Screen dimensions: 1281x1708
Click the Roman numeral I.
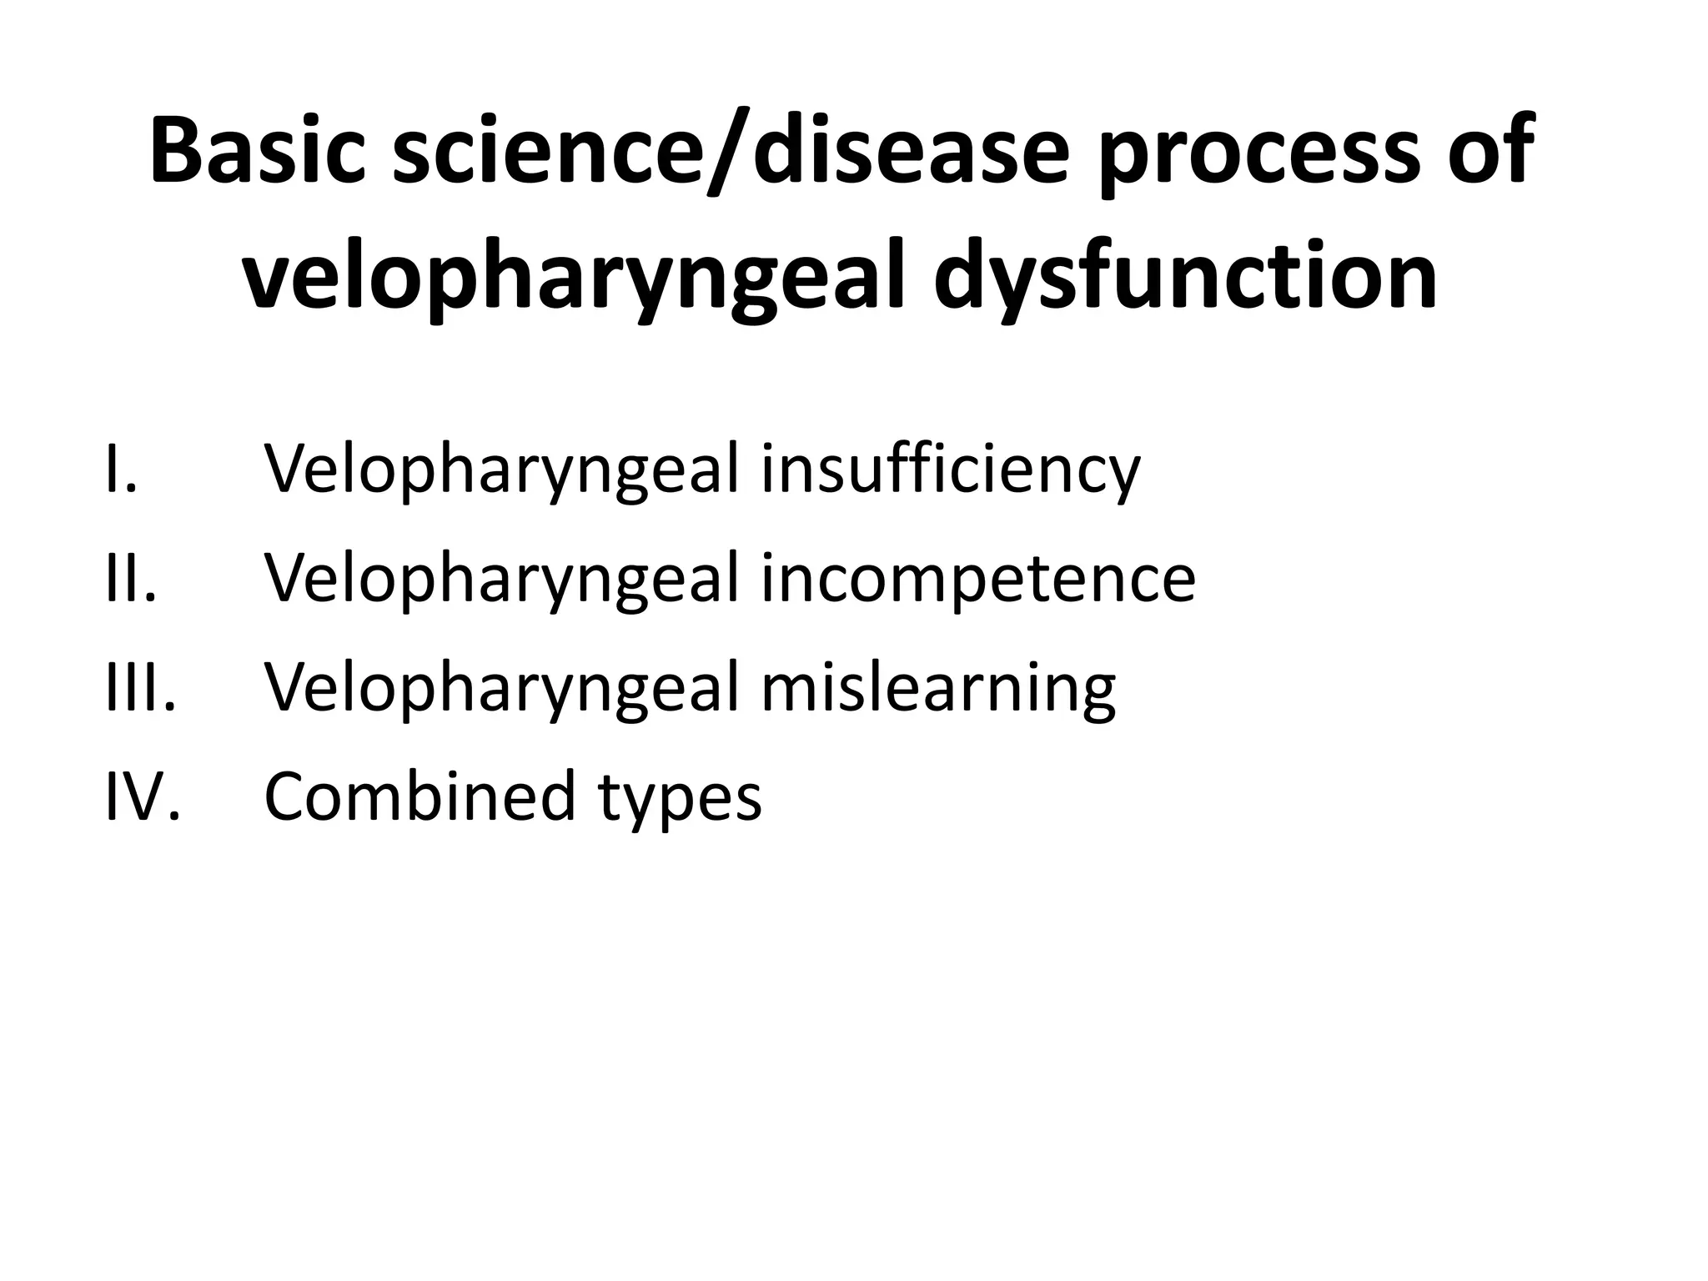point(121,469)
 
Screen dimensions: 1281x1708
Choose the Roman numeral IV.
point(143,796)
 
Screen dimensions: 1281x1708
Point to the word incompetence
point(977,580)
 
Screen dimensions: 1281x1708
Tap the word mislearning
point(937,689)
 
